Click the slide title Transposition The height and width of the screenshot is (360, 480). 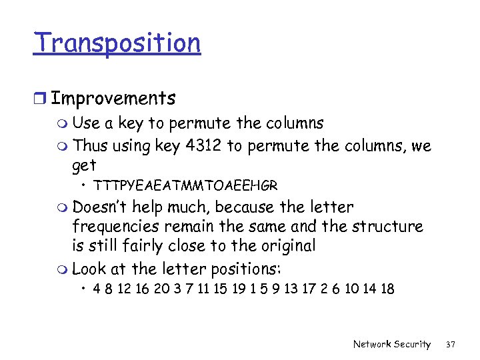[117, 43]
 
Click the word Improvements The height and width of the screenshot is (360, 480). [113, 99]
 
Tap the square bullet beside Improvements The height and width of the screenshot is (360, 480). [41, 99]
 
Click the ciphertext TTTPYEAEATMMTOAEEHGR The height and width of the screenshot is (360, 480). [185, 185]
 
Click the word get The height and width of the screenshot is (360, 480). [84, 165]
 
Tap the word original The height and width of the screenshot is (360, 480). [282, 246]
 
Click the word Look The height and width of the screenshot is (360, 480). [89, 269]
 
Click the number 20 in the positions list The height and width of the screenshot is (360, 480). [160, 289]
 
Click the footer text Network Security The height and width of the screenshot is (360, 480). [392, 344]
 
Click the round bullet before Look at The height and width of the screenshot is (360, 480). [63, 269]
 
